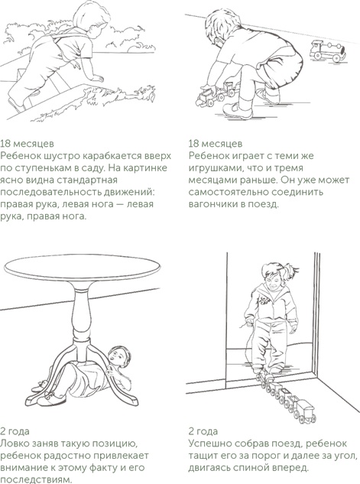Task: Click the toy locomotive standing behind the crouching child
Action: (x=328, y=51)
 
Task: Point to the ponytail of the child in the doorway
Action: (x=290, y=271)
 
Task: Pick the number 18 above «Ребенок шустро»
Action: (x=5, y=144)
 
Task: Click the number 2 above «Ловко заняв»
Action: (x=2, y=431)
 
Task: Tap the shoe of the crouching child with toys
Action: (x=237, y=110)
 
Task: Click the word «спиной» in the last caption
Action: (x=270, y=468)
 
